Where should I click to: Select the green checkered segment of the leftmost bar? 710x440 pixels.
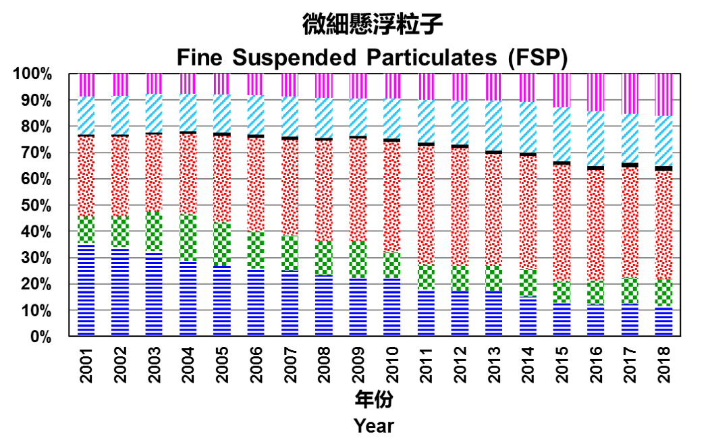coord(86,229)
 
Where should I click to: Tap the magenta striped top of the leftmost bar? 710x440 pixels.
coord(86,85)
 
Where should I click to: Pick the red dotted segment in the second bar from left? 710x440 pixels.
coord(120,176)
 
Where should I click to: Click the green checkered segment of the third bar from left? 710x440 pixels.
coord(154,231)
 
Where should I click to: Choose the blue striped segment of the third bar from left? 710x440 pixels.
coord(154,294)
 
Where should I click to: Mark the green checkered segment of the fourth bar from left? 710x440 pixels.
coord(188,238)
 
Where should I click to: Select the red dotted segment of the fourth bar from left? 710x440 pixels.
coord(188,174)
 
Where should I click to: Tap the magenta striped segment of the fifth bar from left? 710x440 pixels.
coord(222,84)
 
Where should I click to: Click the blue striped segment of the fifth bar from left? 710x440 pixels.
coord(222,300)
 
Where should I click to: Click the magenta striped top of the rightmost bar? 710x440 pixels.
coord(663,94)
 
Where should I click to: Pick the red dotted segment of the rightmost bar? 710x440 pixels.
coord(663,225)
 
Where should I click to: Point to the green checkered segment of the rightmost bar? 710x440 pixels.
coord(663,293)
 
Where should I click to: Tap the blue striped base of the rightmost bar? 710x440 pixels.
coord(663,321)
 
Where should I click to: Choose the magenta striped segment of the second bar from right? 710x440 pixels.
coord(630,93)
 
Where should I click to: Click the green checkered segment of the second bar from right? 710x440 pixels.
coord(630,291)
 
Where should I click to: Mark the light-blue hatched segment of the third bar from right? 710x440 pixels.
coord(596,138)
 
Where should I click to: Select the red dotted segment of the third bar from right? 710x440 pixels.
coord(596,225)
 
